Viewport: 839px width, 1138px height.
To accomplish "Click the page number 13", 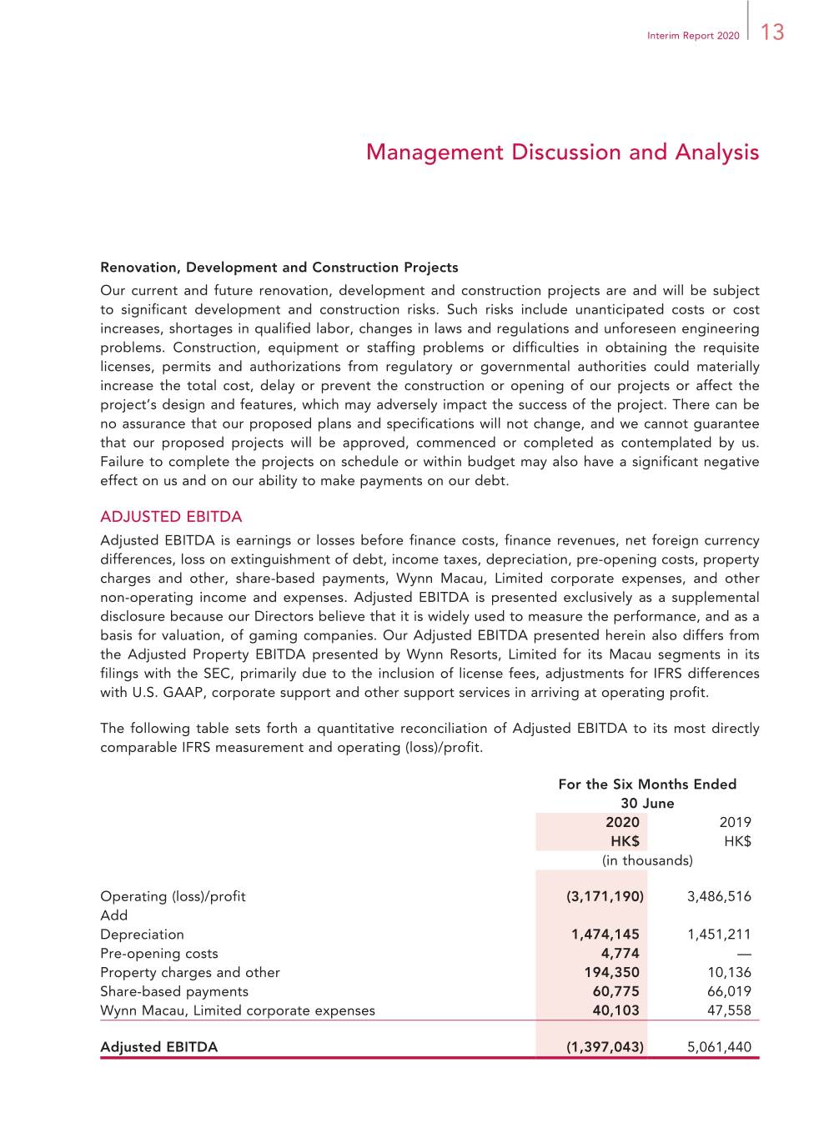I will tap(772, 33).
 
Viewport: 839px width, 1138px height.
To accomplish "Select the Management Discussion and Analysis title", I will tap(562, 153).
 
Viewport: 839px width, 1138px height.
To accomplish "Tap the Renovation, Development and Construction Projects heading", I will tap(279, 268).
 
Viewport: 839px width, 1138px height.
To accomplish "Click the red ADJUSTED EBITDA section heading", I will tap(171, 517).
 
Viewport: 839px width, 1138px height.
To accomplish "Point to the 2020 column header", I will tap(622, 822).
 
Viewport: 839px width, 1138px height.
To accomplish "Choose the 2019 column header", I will tap(735, 822).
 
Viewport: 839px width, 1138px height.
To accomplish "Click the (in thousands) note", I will tap(647, 860).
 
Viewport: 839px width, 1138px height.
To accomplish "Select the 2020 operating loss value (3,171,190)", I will tap(605, 896).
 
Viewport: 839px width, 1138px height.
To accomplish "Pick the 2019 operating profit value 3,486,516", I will tap(719, 896).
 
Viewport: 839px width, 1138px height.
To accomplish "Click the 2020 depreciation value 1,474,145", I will tap(605, 935).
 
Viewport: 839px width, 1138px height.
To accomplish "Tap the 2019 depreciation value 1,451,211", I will tap(719, 935).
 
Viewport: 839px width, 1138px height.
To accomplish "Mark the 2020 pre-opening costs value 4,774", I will tap(620, 954).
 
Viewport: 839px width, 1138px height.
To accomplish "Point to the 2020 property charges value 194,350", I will tap(611, 973).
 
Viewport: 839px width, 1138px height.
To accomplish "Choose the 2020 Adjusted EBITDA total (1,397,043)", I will tap(605, 1047).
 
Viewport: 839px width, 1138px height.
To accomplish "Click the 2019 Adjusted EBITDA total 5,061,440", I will tap(719, 1047).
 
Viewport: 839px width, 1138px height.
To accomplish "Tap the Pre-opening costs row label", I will tap(159, 954).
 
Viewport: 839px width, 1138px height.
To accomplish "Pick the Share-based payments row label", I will tap(174, 992).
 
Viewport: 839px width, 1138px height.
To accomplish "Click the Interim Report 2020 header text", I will tap(693, 36).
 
